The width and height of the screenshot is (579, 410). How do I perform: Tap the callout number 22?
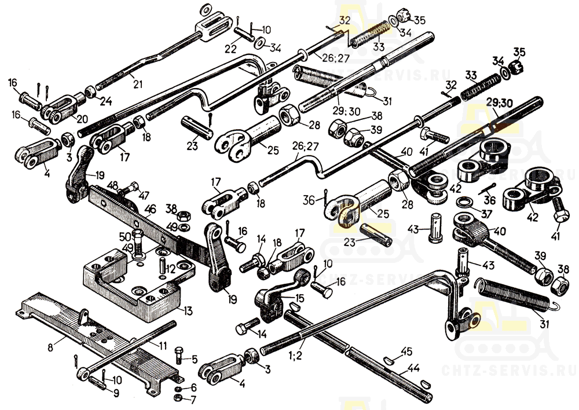230,49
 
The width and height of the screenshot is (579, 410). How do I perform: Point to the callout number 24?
106,103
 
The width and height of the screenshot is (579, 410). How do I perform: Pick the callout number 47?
143,195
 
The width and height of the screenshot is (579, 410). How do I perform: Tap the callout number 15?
299,297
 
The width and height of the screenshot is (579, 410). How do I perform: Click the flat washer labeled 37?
464,202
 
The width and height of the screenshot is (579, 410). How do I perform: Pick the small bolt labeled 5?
179,355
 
